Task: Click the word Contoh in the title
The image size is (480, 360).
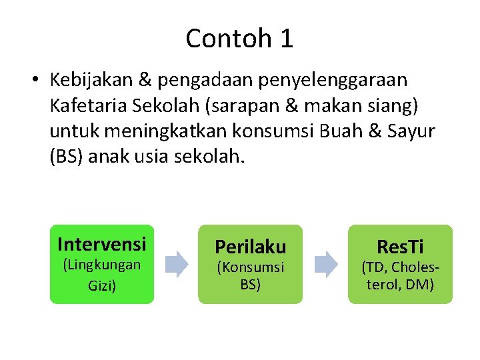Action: coord(223,39)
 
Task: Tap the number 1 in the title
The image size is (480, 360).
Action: coord(286,39)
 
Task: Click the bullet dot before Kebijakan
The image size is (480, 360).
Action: coord(34,80)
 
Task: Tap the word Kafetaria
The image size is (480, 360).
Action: coord(87,106)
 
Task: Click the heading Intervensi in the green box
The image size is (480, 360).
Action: coord(102,243)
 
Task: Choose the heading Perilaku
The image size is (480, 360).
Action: coord(250,247)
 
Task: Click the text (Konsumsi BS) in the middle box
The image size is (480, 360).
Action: coord(250,276)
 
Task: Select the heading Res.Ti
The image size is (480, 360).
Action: coord(400,247)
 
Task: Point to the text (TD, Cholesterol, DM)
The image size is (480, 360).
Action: coord(400,276)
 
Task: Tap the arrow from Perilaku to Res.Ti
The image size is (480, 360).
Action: coord(326,264)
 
